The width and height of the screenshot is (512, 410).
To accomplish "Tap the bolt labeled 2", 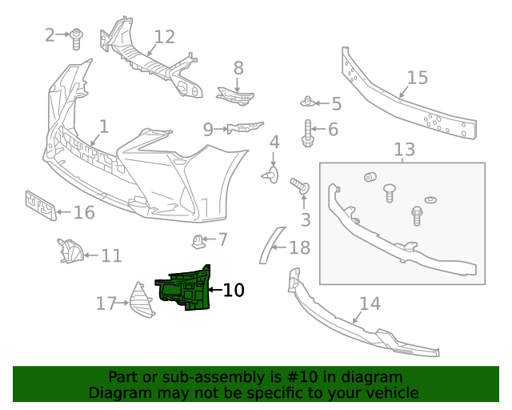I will pos(78,38).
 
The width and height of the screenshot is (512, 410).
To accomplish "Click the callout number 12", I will pos(164,37).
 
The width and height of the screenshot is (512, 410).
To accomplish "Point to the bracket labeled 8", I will pos(234,95).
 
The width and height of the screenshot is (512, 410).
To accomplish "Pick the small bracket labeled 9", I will pos(245,127).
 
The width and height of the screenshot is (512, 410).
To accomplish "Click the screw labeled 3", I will pos(302,187).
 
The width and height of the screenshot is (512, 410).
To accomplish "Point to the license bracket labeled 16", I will pos(40,206).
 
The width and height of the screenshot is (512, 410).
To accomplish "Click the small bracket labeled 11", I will pos(70,251).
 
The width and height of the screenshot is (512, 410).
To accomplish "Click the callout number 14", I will pos(370,303).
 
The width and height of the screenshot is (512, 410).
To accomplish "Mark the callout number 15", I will pos(418,78).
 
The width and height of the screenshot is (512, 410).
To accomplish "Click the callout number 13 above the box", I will pos(404,149).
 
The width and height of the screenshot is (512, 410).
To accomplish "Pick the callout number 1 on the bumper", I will pos(103,126).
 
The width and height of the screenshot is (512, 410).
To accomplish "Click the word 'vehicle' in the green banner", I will pos(388,392).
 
